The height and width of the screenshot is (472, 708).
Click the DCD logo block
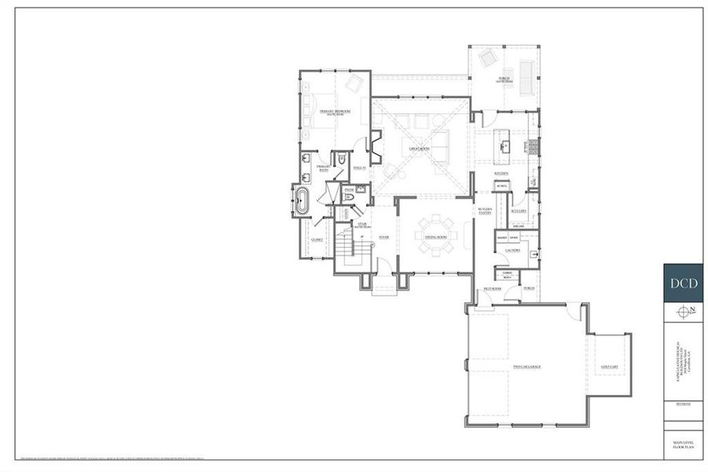[682, 283]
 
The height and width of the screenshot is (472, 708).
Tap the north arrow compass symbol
[682, 311]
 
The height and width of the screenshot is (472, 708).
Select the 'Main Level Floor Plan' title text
[681, 446]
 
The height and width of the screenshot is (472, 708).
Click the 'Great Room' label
[418, 148]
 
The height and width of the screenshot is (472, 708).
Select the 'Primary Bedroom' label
[334, 112]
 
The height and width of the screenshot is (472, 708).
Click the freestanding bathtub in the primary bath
[301, 201]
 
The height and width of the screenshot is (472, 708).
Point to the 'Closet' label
[317, 239]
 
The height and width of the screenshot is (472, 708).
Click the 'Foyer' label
[384, 236]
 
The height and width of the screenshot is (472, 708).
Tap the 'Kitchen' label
[501, 172]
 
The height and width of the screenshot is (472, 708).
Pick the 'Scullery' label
[517, 211]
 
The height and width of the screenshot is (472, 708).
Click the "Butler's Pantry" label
[484, 211]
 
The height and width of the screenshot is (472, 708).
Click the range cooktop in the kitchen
[532, 145]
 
